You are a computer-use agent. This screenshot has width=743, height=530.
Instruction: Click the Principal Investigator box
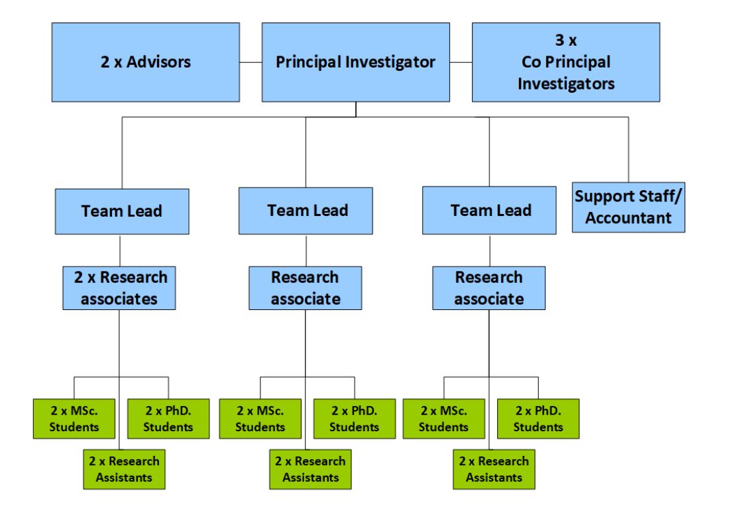[x=356, y=62]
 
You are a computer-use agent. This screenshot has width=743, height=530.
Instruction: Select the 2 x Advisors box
[x=145, y=62]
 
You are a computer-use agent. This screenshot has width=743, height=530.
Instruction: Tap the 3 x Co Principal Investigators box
[x=565, y=62]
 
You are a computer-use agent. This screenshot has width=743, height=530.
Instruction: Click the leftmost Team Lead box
[x=121, y=211]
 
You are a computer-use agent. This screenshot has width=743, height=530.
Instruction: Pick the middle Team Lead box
[x=308, y=211]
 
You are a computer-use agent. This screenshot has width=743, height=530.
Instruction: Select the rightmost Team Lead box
[x=490, y=211]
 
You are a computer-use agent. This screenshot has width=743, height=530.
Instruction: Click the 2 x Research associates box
[x=119, y=288]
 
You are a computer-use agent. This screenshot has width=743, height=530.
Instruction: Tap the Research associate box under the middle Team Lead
[x=306, y=288]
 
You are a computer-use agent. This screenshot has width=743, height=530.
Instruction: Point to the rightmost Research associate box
[x=488, y=288]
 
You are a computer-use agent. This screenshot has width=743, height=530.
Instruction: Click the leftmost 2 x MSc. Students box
[x=74, y=419]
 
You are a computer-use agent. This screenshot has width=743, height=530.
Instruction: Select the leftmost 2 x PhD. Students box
[x=168, y=419]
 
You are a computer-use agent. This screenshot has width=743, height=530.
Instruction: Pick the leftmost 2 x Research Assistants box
[x=124, y=469]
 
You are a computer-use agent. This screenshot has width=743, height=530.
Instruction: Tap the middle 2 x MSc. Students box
[x=260, y=419]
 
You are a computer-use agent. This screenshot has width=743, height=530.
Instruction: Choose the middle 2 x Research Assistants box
[x=310, y=469]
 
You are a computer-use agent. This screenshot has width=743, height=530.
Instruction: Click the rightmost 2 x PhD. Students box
[x=538, y=419]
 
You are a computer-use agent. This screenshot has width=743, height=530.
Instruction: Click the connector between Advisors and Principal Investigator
[x=251, y=63]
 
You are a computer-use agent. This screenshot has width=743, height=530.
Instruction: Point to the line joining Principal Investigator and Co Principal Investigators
[x=461, y=63]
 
